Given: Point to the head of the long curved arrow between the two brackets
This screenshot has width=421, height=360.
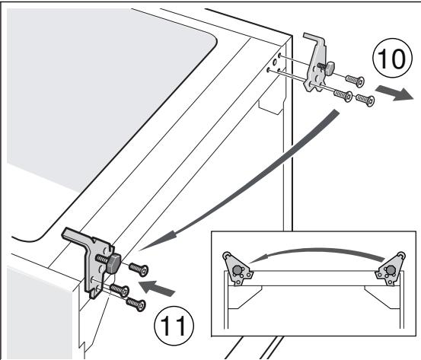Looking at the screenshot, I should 149,241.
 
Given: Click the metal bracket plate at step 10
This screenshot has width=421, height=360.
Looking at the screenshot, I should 314,68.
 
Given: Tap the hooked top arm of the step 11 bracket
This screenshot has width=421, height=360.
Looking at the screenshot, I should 77,238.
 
